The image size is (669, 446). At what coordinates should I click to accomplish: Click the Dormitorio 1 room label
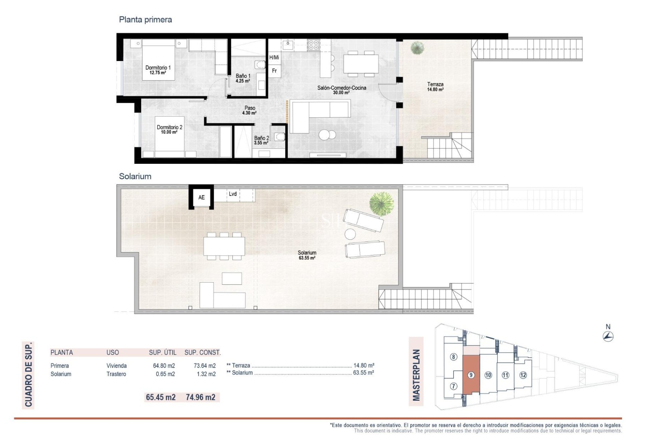158,70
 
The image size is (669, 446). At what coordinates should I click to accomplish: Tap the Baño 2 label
261,140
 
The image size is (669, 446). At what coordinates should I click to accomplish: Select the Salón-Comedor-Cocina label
341,90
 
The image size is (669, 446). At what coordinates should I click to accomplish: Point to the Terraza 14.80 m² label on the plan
435,86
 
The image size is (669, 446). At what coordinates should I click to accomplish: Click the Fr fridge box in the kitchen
275,71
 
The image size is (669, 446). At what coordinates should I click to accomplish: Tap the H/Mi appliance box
274,57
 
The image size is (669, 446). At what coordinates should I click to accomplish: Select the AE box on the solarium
201,198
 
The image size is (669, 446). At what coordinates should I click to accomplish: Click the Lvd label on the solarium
233,194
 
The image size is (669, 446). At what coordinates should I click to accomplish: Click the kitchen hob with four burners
314,45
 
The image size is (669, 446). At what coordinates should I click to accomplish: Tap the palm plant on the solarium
382,203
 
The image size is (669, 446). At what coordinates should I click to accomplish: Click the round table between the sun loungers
350,233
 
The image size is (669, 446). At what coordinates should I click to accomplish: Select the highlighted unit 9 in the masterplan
471,375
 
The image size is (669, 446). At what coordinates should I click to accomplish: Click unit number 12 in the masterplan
523,375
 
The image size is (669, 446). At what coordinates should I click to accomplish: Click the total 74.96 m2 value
200,397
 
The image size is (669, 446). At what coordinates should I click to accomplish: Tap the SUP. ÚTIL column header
162,353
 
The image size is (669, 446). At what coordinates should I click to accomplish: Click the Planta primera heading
145,20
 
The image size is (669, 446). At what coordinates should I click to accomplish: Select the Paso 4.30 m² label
249,110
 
